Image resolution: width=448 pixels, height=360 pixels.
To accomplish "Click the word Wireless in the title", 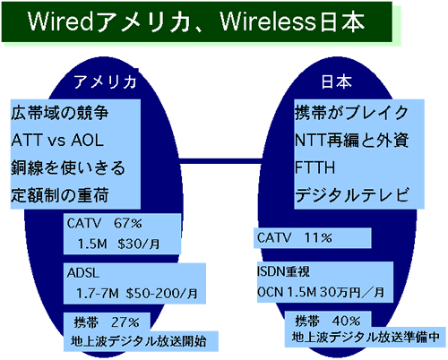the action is point(268,21).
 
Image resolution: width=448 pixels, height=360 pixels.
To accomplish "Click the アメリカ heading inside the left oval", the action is point(105,81).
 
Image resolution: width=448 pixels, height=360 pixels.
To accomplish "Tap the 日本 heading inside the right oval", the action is point(336,81).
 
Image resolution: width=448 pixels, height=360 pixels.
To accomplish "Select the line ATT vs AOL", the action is point(57,140).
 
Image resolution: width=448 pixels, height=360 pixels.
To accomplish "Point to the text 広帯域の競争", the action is point(60,113).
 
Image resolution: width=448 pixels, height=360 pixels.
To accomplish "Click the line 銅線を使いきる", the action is point(68,167).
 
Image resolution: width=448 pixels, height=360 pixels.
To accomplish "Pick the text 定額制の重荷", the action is point(60,195).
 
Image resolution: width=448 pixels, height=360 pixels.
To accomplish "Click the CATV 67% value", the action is point(105,223).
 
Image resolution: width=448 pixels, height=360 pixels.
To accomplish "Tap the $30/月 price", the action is point(139,244).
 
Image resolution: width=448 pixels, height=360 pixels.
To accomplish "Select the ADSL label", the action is point(83,273).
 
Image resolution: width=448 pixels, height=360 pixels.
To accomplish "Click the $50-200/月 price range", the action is point(161,294).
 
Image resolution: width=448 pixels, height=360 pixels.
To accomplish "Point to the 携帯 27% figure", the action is point(107,322).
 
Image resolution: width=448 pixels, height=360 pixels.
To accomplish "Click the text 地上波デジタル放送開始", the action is point(139,341).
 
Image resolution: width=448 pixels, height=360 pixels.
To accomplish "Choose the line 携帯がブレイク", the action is point(351,113).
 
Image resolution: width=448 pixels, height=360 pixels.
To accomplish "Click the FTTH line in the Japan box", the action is point(314,167).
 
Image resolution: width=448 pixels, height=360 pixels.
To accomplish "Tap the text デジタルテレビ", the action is point(352,195).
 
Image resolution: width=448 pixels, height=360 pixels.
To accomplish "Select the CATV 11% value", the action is point(295,238).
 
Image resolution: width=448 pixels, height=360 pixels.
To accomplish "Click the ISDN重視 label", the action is point(283,271).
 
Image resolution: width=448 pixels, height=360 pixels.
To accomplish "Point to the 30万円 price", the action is point(340,292).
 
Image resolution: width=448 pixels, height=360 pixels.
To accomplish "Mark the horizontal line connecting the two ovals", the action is point(221,161).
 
